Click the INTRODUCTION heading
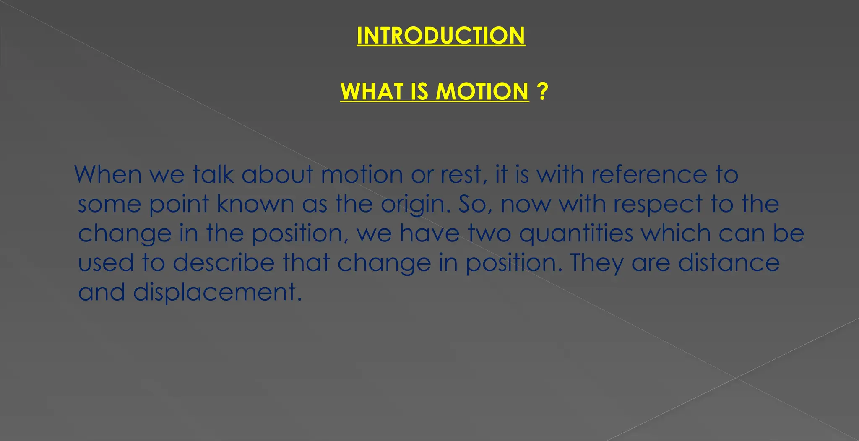coord(441,36)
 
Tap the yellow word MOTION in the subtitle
coord(482,91)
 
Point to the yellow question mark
coord(542,91)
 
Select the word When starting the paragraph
coord(108,174)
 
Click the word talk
coord(213,174)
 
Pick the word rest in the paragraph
coord(463,174)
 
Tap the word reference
coord(649,174)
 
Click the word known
coord(255,204)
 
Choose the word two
coord(489,233)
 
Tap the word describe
coord(224,263)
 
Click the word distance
coord(729,263)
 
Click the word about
coord(277,174)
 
